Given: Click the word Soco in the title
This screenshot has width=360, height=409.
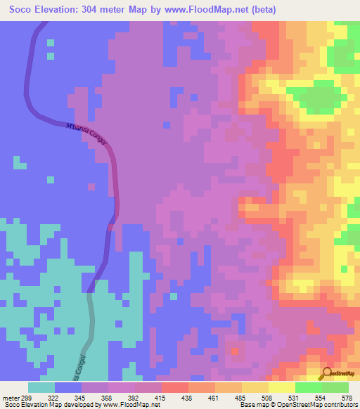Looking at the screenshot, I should click(25, 10).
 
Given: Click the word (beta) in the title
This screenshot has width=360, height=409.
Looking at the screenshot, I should click(263, 10).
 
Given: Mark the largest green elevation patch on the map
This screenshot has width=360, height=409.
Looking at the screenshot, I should click(320, 95).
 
